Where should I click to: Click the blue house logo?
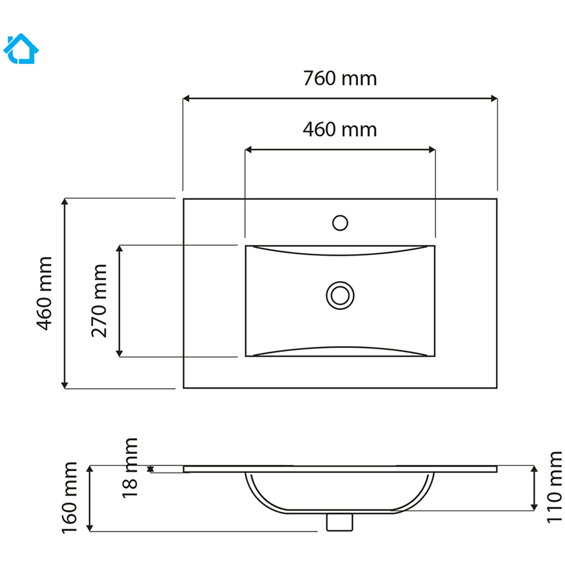tap(21, 49)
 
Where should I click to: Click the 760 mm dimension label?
tap(340, 78)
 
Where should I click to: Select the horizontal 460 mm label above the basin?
tap(340, 129)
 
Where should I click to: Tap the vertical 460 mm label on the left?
tap(45, 293)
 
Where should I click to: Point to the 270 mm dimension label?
tap(99, 301)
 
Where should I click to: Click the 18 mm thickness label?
tap(130, 468)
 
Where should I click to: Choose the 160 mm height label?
tap(69, 498)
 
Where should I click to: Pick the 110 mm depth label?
tap(554, 487)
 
